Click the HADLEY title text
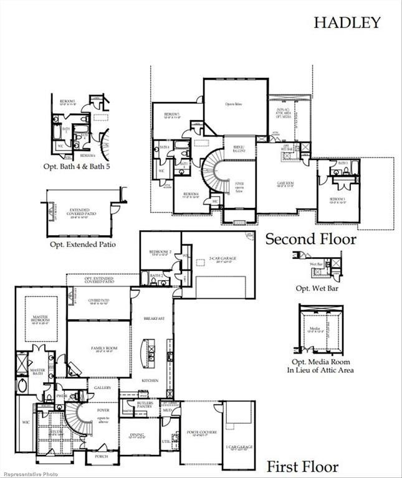click(x=347, y=23)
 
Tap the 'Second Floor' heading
click(x=311, y=239)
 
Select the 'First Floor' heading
click(x=303, y=466)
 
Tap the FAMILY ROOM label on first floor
click(x=98, y=349)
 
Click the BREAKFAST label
click(x=153, y=318)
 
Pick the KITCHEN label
click(x=149, y=380)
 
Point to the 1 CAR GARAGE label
click(x=239, y=448)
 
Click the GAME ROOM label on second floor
click(x=285, y=184)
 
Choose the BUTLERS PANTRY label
click(x=145, y=405)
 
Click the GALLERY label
click(x=102, y=387)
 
